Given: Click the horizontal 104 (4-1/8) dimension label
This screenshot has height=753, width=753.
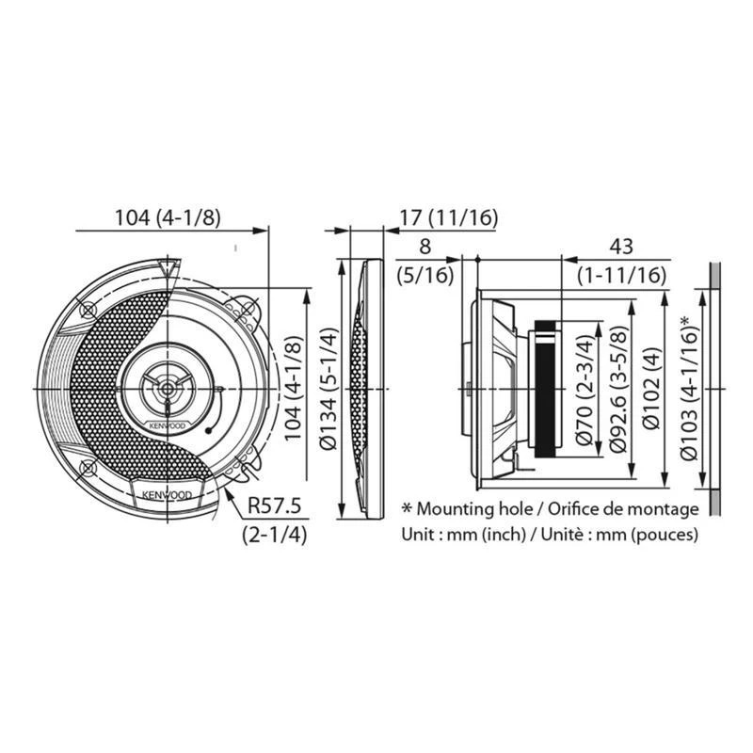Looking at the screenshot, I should (167, 217).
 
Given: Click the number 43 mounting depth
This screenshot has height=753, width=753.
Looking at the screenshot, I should (621, 247).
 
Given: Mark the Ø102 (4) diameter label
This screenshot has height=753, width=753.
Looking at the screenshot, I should (650, 389).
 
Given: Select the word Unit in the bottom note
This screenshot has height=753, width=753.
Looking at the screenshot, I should (419, 534).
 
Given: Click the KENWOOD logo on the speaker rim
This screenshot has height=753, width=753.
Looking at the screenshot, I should (168, 493).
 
